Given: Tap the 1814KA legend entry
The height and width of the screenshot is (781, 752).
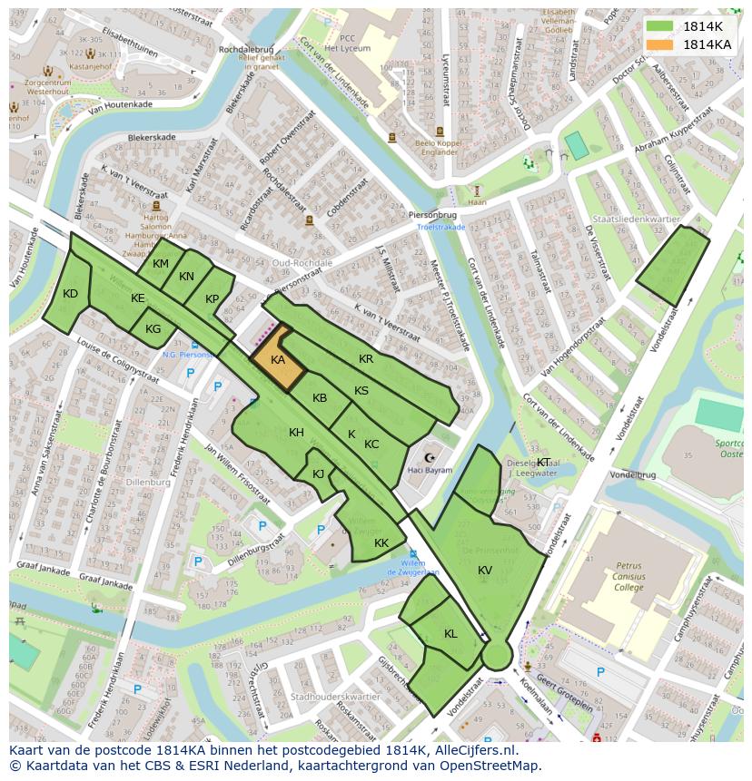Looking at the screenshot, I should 707,44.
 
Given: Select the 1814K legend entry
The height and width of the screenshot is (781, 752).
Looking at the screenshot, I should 703,26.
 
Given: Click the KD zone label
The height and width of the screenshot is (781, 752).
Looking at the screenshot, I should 71,293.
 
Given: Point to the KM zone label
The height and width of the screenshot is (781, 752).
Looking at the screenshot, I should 161,264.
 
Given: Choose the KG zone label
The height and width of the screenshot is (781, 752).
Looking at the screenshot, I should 153,329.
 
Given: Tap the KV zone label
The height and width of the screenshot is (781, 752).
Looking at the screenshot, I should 485,570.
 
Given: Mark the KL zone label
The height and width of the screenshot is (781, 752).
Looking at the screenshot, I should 450,633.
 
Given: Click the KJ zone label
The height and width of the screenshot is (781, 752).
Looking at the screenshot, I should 319,473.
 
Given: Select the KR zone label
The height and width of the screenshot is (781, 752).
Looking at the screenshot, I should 366,359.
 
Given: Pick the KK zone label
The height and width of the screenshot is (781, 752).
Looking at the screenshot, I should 381,542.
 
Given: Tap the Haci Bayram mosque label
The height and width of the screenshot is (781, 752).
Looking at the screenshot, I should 430,471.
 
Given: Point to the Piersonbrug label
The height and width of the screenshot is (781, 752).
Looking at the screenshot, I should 430,215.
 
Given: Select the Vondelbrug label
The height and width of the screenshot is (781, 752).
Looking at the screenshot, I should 632,474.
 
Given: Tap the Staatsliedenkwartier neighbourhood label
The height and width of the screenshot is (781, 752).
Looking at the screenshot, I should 635,220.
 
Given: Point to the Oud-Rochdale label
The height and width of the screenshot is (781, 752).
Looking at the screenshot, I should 302,263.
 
